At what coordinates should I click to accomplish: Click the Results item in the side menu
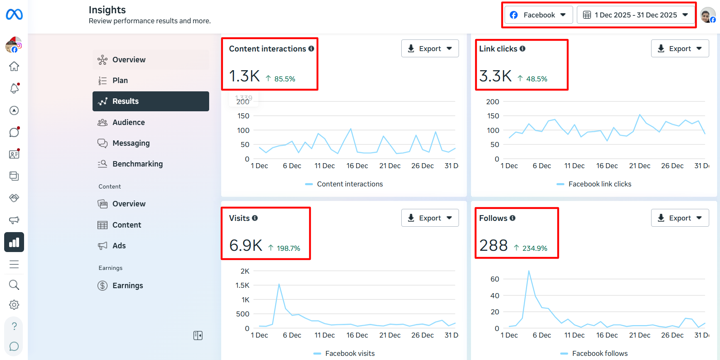151,101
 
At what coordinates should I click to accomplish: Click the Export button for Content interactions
430,49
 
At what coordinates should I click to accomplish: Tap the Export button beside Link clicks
680,49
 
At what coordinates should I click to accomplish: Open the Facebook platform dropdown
539,15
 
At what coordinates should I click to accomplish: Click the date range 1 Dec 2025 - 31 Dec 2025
636,15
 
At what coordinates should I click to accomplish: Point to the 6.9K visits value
246,245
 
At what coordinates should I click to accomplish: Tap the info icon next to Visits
255,218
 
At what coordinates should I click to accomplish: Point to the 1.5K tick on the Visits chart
242,285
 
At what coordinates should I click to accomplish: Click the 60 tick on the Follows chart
495,279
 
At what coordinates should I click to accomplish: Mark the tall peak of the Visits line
279,284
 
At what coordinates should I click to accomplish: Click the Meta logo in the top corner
14,15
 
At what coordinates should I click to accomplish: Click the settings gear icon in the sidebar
14,305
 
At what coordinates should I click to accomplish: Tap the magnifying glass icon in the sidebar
14,285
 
